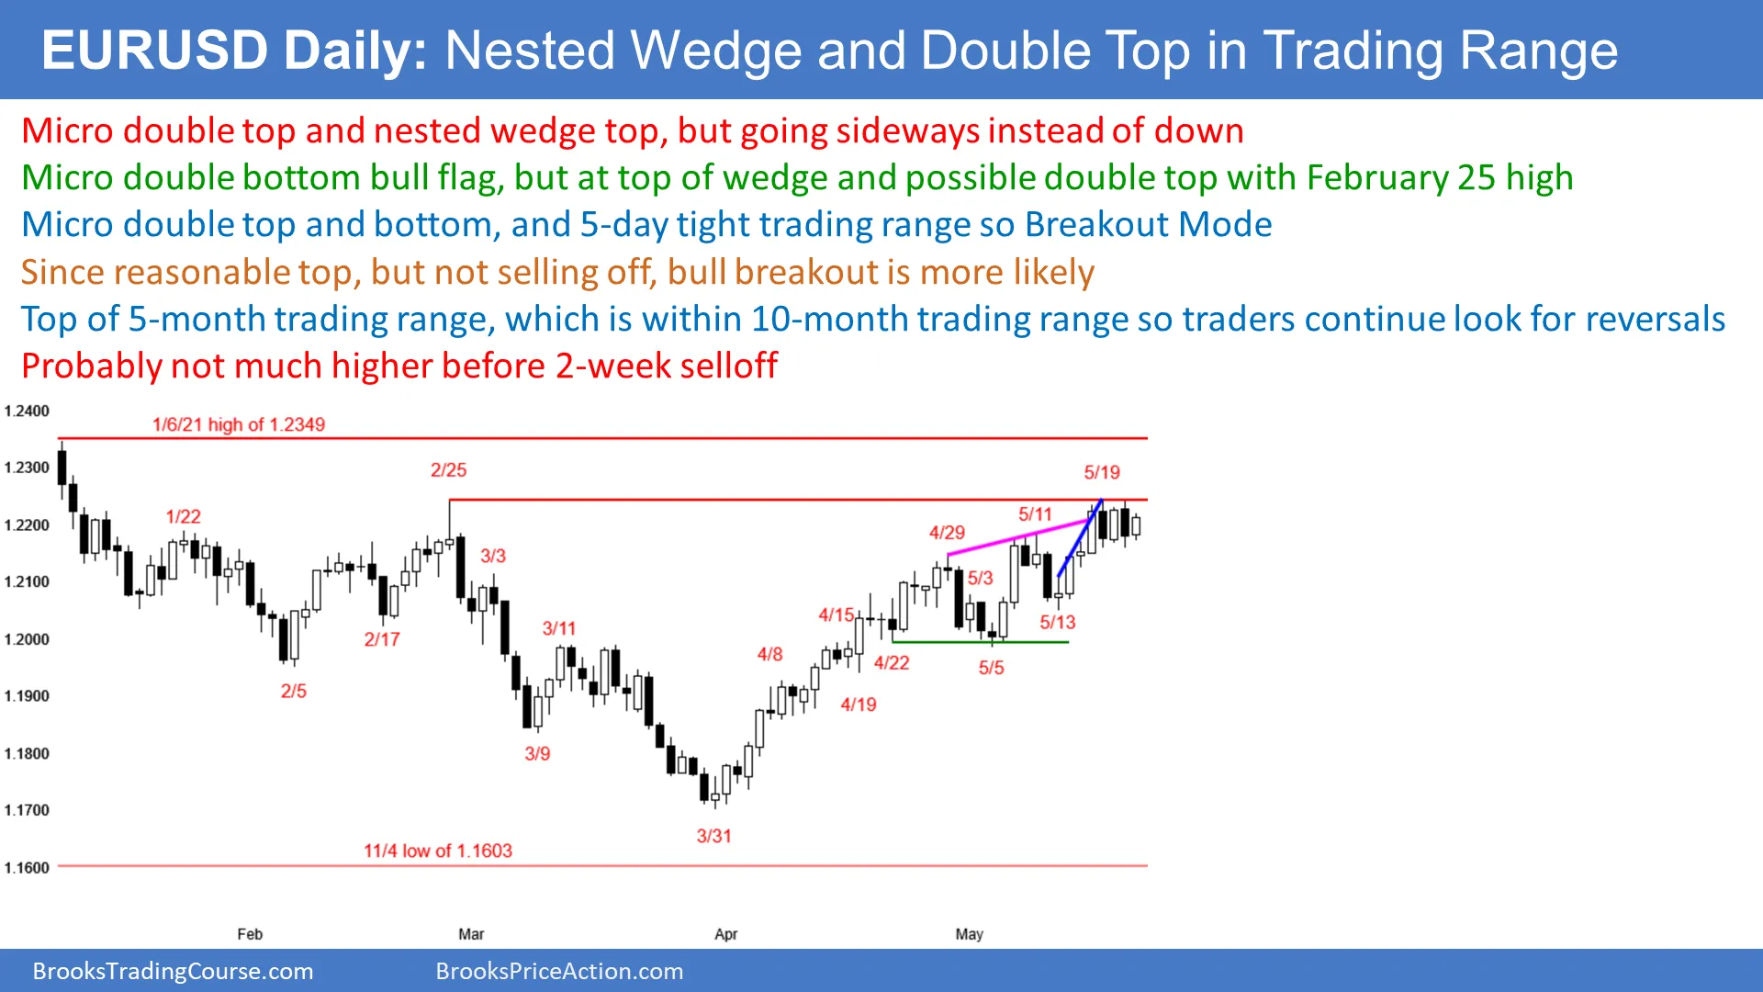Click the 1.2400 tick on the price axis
[27, 411]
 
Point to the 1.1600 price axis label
[27, 867]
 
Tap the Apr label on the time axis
[725, 934]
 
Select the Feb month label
[250, 934]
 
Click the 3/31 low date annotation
[713, 836]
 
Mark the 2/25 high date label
[448, 470]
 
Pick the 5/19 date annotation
[1102, 472]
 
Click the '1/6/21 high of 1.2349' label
[239, 424]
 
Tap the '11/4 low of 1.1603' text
[438, 851]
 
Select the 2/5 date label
[294, 691]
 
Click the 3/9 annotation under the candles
[537, 753]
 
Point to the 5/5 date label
[991, 668]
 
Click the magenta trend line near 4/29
[1019, 537]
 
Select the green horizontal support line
[981, 642]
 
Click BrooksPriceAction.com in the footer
[559, 971]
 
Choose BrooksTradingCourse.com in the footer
[173, 971]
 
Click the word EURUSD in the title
[155, 51]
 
